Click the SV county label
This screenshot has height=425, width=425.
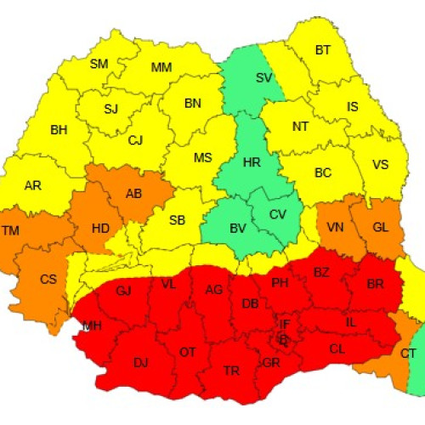(264, 78)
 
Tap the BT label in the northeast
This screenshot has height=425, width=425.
(323, 51)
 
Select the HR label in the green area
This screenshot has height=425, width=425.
(252, 161)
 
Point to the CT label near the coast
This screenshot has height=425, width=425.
(409, 354)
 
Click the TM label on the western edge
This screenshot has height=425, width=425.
(11, 231)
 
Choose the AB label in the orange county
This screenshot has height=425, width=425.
(133, 194)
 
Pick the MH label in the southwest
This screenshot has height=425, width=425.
(92, 326)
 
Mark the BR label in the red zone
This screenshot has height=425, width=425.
(374, 285)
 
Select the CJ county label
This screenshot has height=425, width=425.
(135, 141)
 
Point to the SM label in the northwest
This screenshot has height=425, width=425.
(99, 64)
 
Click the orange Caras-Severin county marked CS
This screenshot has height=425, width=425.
(48, 279)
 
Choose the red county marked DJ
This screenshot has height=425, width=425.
(140, 362)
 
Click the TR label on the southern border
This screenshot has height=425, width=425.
(230, 371)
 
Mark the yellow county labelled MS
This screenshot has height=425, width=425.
(202, 158)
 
